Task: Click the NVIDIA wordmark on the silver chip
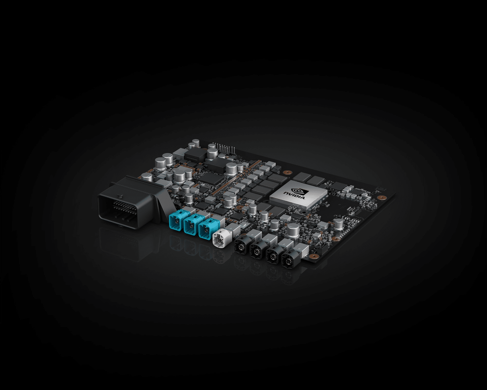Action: tap(294, 195)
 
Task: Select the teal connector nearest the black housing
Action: tap(177, 222)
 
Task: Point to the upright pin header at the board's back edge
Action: tap(226, 149)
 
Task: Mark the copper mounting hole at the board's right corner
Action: tap(380, 197)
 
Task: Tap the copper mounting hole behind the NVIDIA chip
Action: tap(286, 172)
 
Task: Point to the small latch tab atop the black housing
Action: tap(120, 196)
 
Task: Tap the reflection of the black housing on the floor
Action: tap(128, 244)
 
